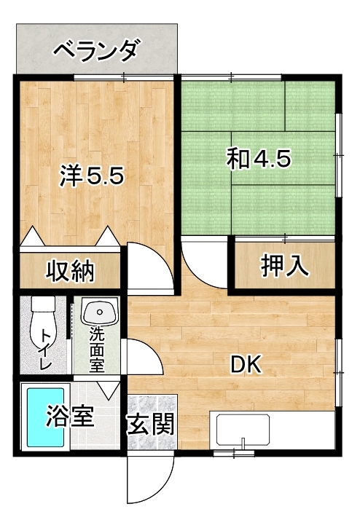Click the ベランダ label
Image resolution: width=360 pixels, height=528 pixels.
pos(96,50)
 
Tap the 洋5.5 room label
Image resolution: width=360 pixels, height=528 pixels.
pos(92,176)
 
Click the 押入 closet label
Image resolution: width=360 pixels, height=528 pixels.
pos(285,265)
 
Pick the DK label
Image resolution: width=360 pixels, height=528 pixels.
pos(246,364)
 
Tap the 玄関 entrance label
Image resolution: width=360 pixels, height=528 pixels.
pos(150,424)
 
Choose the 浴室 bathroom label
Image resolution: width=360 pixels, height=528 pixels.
pos(70,416)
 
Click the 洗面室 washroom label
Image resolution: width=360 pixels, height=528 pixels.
pos(97,350)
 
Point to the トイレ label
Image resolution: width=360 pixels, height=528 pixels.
pos(46,350)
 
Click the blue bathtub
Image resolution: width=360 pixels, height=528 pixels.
pos(45,417)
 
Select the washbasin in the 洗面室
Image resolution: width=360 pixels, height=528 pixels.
pos(100,312)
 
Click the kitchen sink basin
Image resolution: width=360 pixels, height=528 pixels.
pos(243,430)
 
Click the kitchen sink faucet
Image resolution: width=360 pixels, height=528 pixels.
pos(243,444)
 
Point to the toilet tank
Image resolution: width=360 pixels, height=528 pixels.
pos(43,304)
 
